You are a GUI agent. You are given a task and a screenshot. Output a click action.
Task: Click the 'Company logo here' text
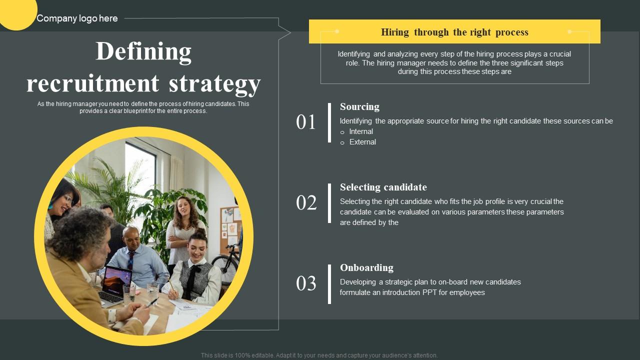(x=77, y=18)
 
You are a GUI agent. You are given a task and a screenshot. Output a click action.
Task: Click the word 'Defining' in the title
(x=143, y=51)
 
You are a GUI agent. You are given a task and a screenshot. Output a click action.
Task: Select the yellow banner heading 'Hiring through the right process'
(x=454, y=32)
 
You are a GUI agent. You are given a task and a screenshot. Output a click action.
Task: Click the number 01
(x=306, y=122)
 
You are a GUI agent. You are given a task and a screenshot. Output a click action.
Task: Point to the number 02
(x=306, y=203)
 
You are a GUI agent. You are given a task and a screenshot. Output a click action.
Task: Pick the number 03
(x=306, y=283)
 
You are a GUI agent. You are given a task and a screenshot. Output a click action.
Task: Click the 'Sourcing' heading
(x=359, y=106)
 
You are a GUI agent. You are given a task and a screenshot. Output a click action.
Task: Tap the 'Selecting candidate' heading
(x=383, y=187)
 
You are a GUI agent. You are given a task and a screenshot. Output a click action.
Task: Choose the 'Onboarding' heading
(x=366, y=267)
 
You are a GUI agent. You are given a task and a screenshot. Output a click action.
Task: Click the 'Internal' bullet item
(x=361, y=131)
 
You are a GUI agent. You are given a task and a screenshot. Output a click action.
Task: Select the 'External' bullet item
(x=362, y=142)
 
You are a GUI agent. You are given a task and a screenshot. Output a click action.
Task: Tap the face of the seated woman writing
(x=196, y=247)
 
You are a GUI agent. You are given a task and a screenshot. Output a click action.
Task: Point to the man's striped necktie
(x=130, y=259)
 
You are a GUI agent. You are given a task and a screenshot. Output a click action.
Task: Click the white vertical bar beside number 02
(x=329, y=203)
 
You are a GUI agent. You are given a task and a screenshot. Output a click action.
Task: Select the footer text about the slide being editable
(x=319, y=355)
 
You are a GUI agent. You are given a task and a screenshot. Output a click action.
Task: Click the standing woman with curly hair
(x=183, y=220)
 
